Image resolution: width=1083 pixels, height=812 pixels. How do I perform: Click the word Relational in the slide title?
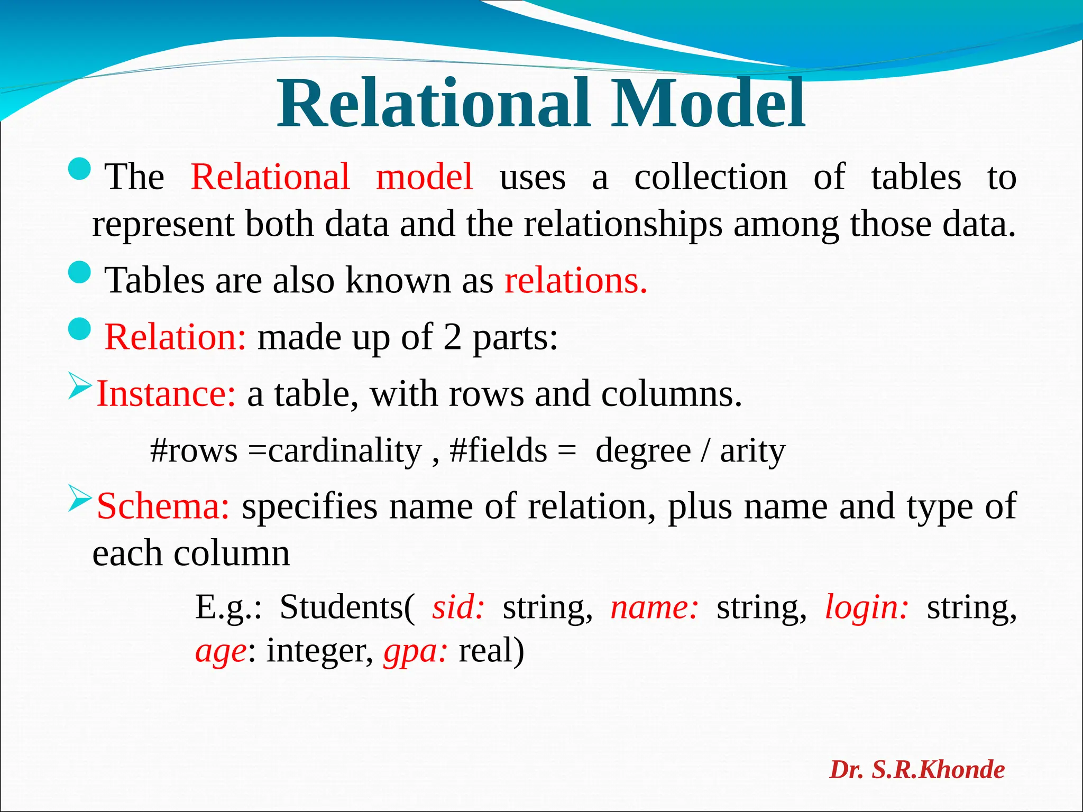point(433,104)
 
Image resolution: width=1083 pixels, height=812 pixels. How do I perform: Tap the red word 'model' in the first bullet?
point(424,177)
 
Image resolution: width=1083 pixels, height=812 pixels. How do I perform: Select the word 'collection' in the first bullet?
point(710,177)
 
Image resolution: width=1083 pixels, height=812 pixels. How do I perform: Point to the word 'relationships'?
point(622,225)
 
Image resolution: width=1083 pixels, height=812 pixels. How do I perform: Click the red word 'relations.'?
point(575,280)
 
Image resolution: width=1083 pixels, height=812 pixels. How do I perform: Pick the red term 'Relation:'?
point(175,337)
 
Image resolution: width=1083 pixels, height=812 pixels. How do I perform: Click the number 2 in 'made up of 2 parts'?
point(452,337)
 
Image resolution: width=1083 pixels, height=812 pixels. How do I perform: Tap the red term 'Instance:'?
point(166,394)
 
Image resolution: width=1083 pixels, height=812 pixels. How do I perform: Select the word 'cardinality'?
point(345,451)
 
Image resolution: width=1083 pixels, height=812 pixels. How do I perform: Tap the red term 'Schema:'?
point(163,506)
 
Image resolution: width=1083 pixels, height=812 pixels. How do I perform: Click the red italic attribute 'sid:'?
point(458,607)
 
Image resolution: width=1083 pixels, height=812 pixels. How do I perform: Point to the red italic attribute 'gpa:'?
point(416,651)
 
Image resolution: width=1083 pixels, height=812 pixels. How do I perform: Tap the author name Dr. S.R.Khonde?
point(916,770)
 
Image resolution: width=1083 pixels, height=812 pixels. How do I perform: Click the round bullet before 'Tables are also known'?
point(80,272)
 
